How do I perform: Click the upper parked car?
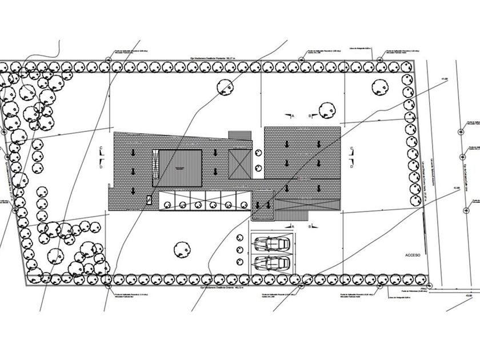coord(271,244)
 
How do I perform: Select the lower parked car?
coord(271,263)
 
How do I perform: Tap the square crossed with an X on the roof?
coord(239,165)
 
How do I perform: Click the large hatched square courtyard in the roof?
coord(180,167)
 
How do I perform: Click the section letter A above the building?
coord(293,116)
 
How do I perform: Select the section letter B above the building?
coord(310,116)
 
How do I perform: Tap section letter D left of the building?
coord(101,167)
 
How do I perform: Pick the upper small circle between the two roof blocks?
coord(258,153)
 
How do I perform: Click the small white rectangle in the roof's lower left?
coord(149,199)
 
